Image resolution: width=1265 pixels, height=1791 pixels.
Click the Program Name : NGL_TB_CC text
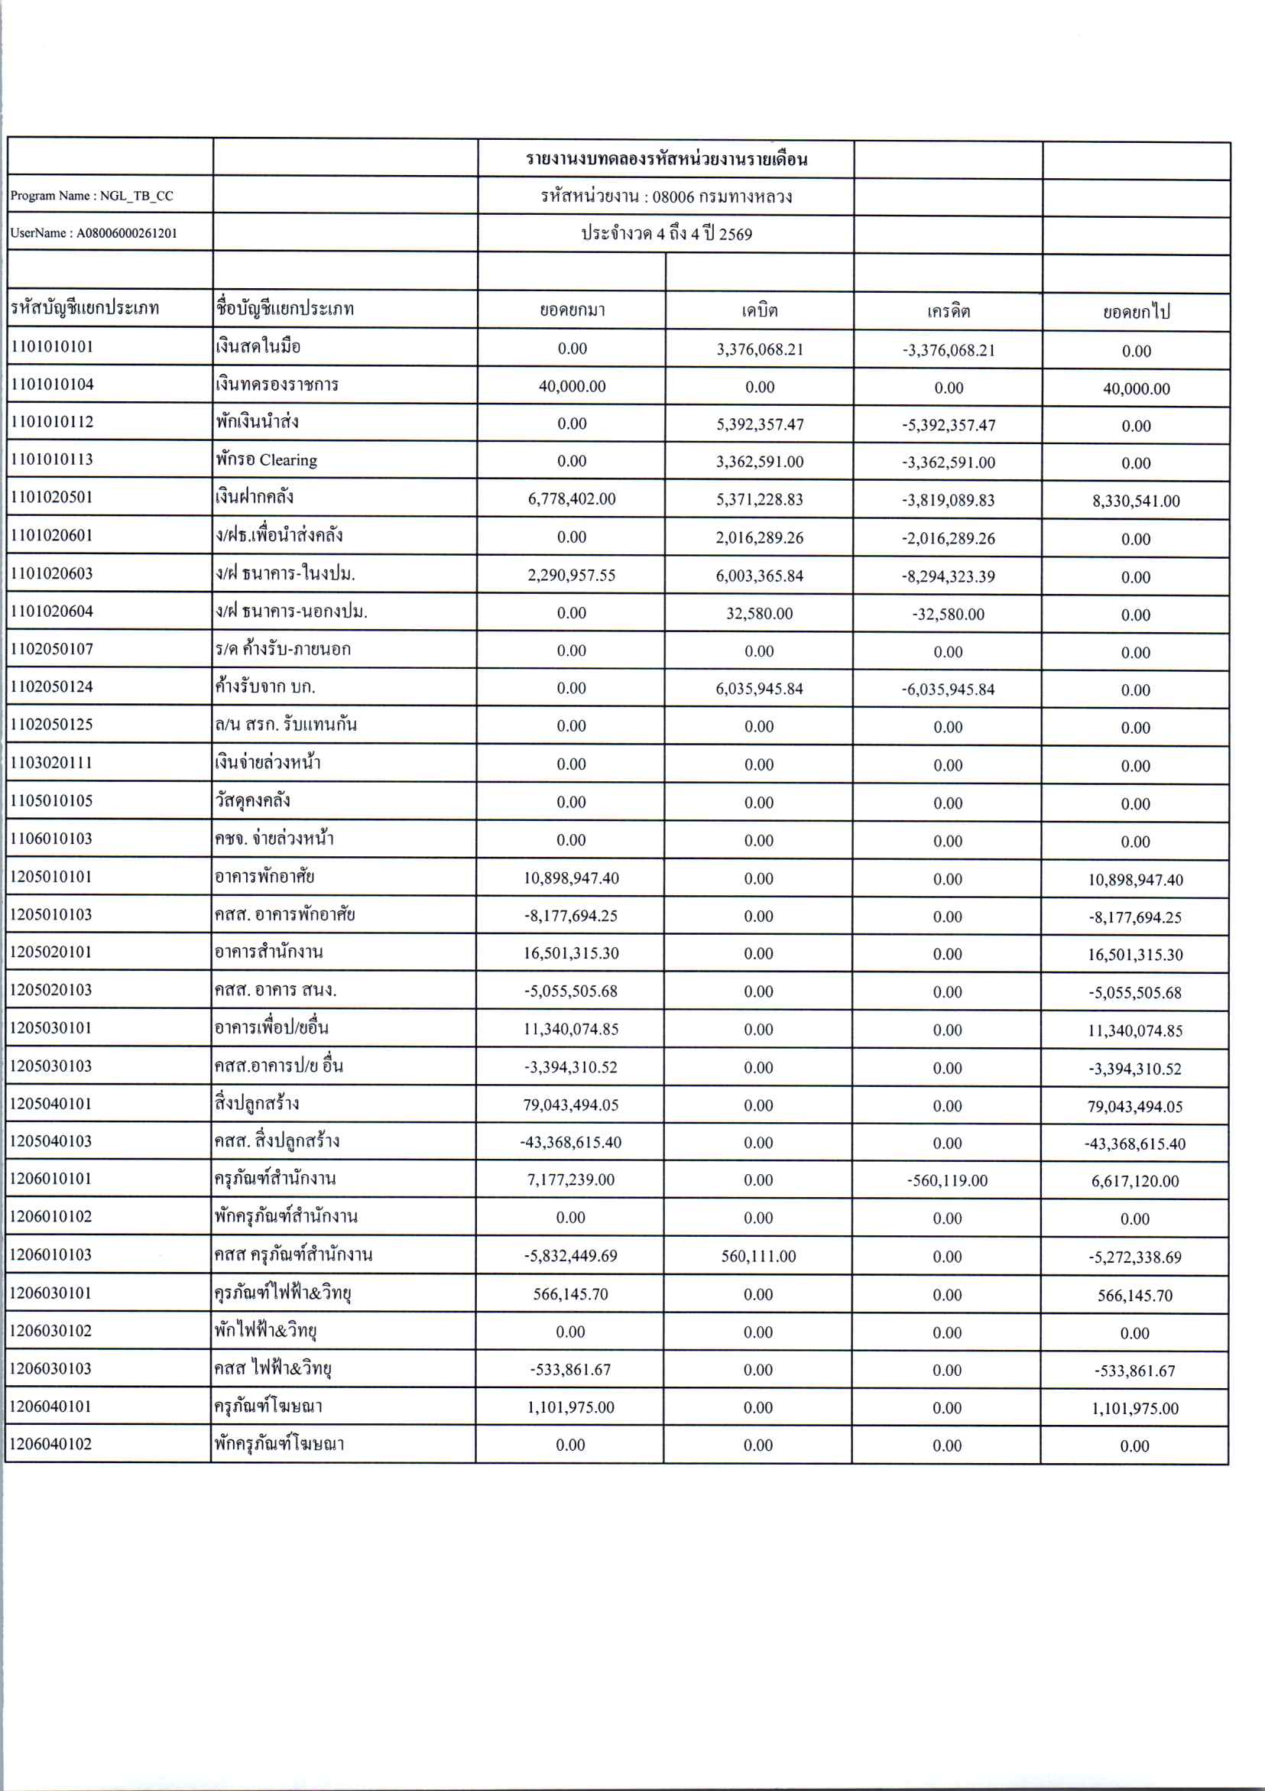point(92,196)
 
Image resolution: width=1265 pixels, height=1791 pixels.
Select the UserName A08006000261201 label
point(93,233)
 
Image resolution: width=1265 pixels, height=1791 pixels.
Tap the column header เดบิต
point(759,310)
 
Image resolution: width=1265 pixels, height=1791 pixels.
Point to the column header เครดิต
point(949,311)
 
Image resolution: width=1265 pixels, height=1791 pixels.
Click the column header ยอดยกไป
point(1137,312)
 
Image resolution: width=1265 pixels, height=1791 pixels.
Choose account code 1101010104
point(51,384)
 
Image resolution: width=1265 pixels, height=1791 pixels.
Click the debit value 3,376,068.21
point(760,349)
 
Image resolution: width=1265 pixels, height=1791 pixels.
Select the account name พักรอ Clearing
point(267,460)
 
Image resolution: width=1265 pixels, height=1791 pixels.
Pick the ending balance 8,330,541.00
point(1136,501)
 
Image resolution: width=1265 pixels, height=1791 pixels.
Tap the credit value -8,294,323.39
point(949,576)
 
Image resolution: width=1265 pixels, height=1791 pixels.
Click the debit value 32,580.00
point(759,614)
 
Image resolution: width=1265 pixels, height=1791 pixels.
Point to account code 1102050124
point(51,687)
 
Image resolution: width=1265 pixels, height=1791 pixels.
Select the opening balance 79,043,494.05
point(571,1105)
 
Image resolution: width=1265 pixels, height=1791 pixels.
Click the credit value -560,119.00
point(947,1180)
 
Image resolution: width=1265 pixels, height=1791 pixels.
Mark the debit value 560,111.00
point(758,1256)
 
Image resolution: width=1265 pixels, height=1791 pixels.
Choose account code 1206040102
point(50,1444)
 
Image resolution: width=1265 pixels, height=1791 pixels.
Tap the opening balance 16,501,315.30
point(571,953)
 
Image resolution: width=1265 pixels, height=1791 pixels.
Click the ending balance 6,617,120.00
point(1135,1181)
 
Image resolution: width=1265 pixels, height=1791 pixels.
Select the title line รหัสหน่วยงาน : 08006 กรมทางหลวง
point(666,196)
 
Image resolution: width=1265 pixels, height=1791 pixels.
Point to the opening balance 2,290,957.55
point(572,576)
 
